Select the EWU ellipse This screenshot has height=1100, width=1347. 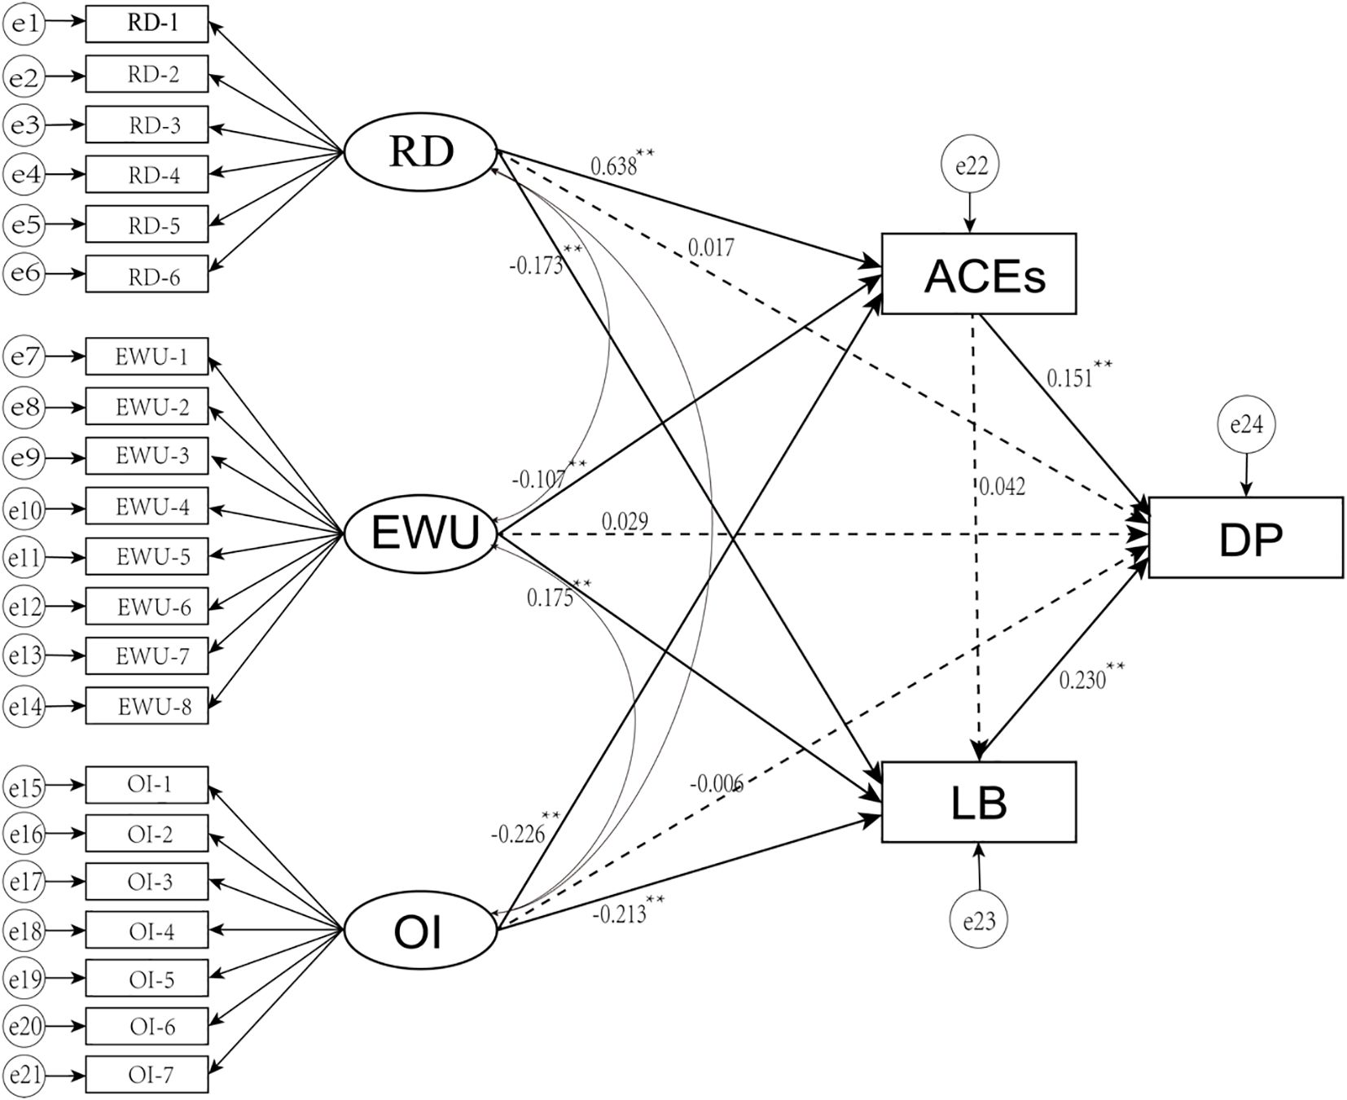pyautogui.click(x=420, y=534)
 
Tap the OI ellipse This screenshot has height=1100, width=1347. pyautogui.click(x=420, y=931)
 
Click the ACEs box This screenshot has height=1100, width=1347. pyautogui.click(x=978, y=274)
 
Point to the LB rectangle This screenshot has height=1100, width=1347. pyautogui.click(x=978, y=802)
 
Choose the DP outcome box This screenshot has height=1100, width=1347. pyautogui.click(x=1245, y=537)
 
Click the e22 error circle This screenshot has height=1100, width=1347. pyautogui.click(x=969, y=166)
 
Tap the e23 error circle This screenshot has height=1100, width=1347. pyautogui.click(x=978, y=921)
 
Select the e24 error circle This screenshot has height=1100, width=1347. pyautogui.click(x=1245, y=424)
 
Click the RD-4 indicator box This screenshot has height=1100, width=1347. pyautogui.click(x=147, y=174)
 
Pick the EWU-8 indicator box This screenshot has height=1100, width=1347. pyautogui.click(x=147, y=707)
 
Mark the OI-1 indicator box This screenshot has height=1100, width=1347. pyautogui.click(x=147, y=785)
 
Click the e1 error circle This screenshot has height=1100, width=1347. pyautogui.click(x=24, y=24)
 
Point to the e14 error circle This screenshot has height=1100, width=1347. pyautogui.click(x=24, y=707)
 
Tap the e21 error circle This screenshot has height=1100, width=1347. pyautogui.click(x=24, y=1075)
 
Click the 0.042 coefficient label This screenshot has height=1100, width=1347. pyautogui.click(x=1002, y=487)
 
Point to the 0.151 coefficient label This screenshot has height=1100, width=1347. pyautogui.click(x=1071, y=377)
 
